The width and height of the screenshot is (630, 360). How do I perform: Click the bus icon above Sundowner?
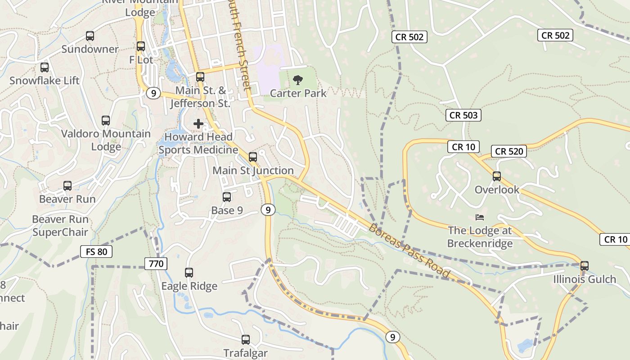tap(90, 36)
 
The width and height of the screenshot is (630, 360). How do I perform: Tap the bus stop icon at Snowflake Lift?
tap(45, 67)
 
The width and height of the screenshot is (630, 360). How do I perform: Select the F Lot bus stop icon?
tap(141, 46)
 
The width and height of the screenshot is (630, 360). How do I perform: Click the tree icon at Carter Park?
tap(297, 81)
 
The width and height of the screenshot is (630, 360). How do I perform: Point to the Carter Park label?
tap(298, 93)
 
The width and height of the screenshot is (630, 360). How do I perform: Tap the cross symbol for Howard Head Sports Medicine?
tap(198, 124)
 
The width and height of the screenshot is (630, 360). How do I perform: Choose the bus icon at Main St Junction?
tap(253, 157)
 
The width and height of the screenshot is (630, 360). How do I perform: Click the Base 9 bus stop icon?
tap(227, 197)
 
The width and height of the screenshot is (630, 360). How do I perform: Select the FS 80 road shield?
tap(96, 252)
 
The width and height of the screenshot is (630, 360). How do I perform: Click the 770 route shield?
tap(156, 263)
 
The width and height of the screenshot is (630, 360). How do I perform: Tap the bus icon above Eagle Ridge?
tap(189, 273)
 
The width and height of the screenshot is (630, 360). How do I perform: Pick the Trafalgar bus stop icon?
tap(246, 340)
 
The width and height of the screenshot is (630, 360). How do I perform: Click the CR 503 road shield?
tap(463, 115)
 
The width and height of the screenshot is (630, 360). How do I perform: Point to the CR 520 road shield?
tap(509, 151)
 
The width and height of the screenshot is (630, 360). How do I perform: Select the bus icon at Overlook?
tap(497, 176)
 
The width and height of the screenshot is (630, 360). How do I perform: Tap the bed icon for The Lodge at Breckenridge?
tap(480, 217)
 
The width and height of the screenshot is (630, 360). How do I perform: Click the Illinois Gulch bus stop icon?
tap(584, 266)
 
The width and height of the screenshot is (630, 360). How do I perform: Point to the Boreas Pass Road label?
tap(409, 250)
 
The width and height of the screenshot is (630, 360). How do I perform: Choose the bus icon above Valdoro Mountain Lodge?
tap(106, 121)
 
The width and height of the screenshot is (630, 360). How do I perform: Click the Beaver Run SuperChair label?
tap(60, 226)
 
